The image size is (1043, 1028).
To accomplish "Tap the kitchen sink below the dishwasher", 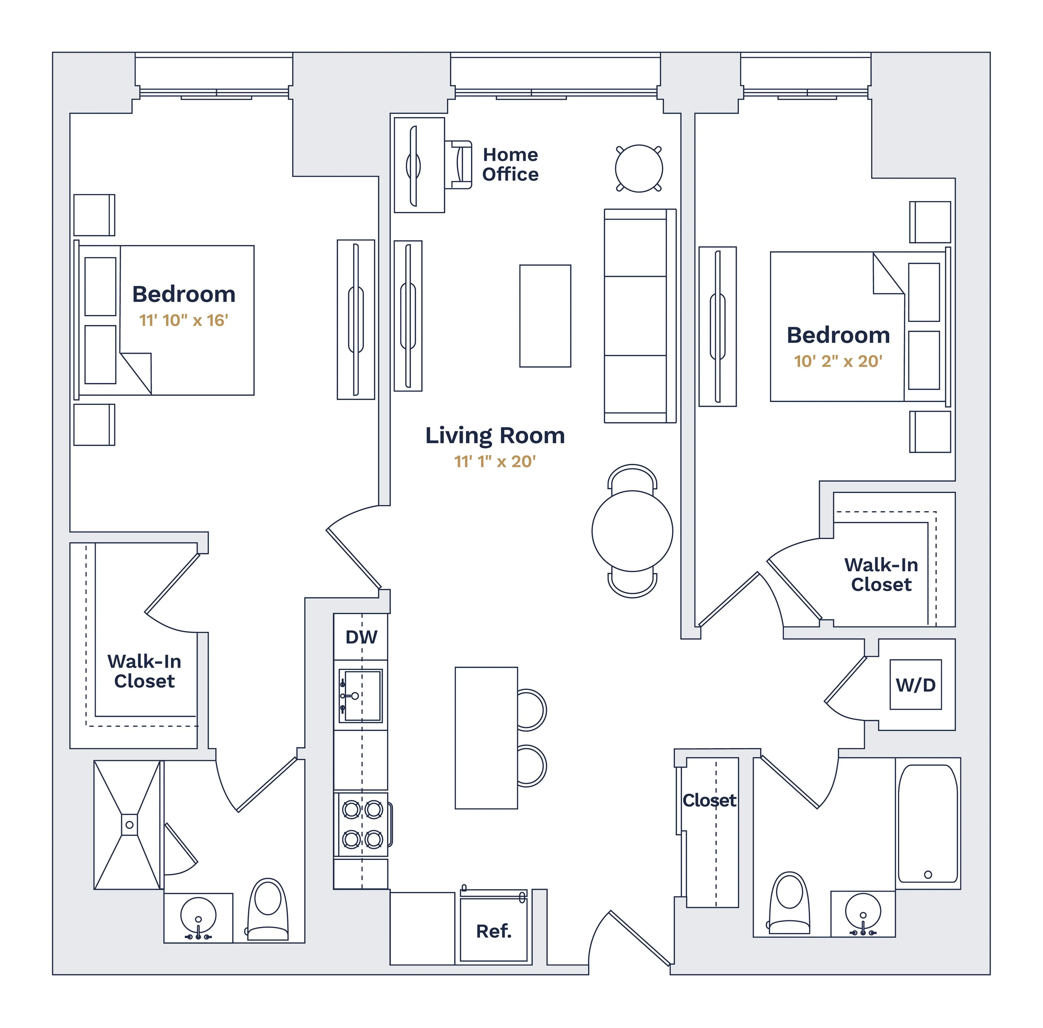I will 360,695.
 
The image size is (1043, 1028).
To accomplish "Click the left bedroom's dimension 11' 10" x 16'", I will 183,320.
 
